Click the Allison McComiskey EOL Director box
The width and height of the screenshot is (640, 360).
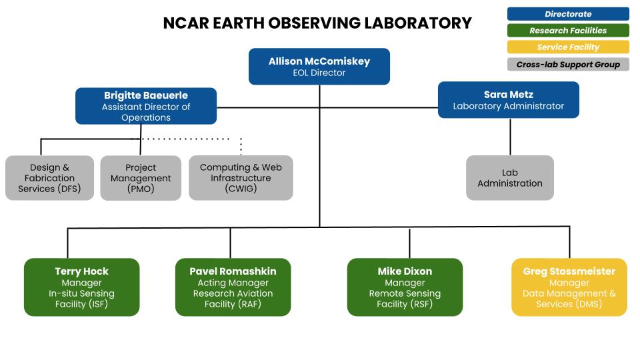(x=319, y=67)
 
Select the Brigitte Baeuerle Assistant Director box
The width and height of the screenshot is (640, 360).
(x=145, y=106)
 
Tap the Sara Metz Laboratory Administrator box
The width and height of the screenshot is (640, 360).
(x=508, y=100)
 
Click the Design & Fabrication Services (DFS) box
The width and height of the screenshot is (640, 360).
(x=49, y=178)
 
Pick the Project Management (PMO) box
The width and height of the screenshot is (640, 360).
(x=141, y=178)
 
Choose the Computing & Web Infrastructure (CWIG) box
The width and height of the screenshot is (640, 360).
(x=241, y=178)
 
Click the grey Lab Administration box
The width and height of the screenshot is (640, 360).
(x=509, y=178)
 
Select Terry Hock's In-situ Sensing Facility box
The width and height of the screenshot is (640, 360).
(x=81, y=287)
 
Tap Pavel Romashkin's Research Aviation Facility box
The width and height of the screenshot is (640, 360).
(x=233, y=287)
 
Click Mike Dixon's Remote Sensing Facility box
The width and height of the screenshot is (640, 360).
(x=405, y=287)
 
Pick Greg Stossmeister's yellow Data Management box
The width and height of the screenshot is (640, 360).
(x=569, y=287)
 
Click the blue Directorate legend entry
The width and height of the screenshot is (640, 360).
(x=568, y=14)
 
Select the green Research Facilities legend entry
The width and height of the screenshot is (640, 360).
(x=568, y=31)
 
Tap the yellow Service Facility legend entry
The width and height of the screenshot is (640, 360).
(x=568, y=47)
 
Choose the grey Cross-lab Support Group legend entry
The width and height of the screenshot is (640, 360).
(x=568, y=65)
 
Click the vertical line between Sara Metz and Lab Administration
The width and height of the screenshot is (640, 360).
(x=510, y=137)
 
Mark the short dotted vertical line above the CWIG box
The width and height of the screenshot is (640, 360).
(x=241, y=147)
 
